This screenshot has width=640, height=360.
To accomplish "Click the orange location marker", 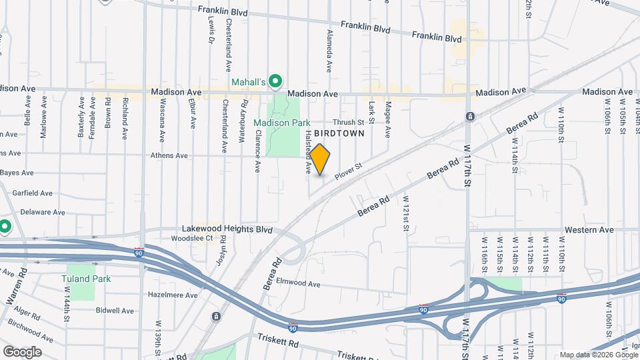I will pos(321,159).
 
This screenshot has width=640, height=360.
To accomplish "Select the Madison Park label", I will pos(281,123).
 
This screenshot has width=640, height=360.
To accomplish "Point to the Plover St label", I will pos(348,171).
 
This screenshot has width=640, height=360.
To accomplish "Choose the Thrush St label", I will pos(349,122).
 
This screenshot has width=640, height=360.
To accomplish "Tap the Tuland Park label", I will pos(86,279).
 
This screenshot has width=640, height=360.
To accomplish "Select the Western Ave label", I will pos(589,230).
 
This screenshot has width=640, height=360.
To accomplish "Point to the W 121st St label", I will pos(405,214).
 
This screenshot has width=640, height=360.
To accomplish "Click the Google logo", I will pos(22,351).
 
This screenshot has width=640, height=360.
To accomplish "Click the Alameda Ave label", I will pos(329,51).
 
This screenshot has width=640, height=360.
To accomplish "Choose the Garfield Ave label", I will pos(36,193).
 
